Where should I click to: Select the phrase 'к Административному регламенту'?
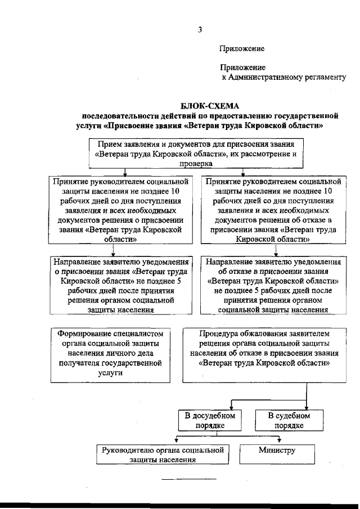[x=283, y=77]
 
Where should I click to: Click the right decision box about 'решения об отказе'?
[x=273, y=210]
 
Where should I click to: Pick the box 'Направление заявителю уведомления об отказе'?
[x=273, y=285]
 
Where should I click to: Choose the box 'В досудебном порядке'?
[x=210, y=420]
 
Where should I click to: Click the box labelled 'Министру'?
[x=277, y=451]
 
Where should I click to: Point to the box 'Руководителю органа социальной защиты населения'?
[x=163, y=454]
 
